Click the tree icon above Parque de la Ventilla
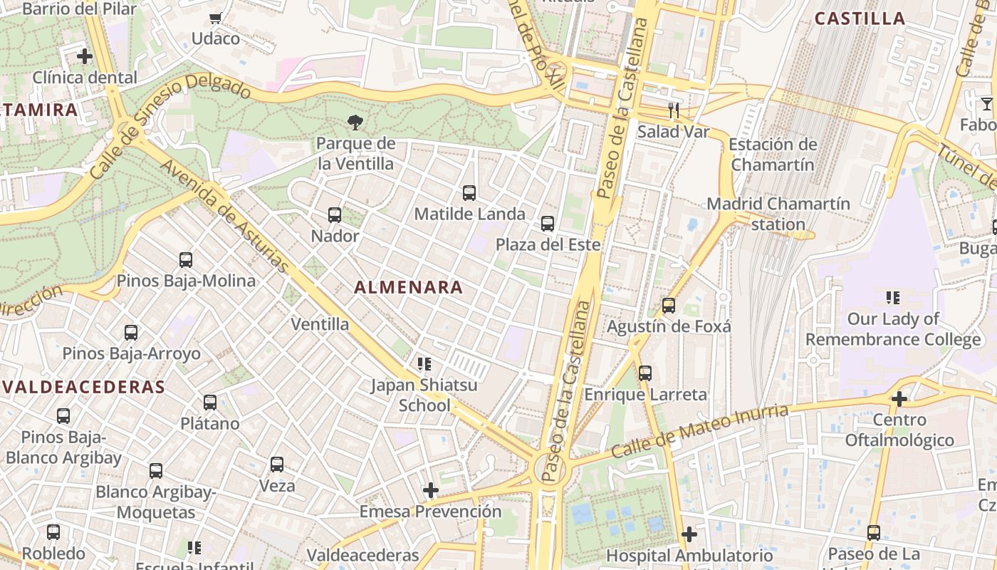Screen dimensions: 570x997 [355, 123]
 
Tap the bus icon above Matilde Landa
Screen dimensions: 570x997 [469, 192]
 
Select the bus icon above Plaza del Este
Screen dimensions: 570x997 [548, 224]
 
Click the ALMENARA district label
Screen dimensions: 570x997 [409, 288]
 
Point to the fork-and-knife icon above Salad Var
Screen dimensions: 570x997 [674, 110]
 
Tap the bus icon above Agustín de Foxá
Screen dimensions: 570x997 [669, 306]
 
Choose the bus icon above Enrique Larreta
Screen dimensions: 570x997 [645, 373]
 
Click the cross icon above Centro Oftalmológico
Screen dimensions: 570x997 [899, 399]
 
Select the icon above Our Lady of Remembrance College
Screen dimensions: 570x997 [893, 297]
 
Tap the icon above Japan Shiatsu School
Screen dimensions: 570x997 [424, 364]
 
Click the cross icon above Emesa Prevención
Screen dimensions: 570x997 [431, 490]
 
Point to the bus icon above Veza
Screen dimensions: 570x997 [277, 465]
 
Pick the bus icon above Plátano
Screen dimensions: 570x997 [210, 403]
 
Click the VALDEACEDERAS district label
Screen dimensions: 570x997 [83, 387]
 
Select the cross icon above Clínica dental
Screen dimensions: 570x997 [85, 56]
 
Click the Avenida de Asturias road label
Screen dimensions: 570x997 [226, 217]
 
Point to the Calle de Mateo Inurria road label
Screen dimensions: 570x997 [700, 432]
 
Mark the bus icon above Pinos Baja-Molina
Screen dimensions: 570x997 [186, 260]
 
